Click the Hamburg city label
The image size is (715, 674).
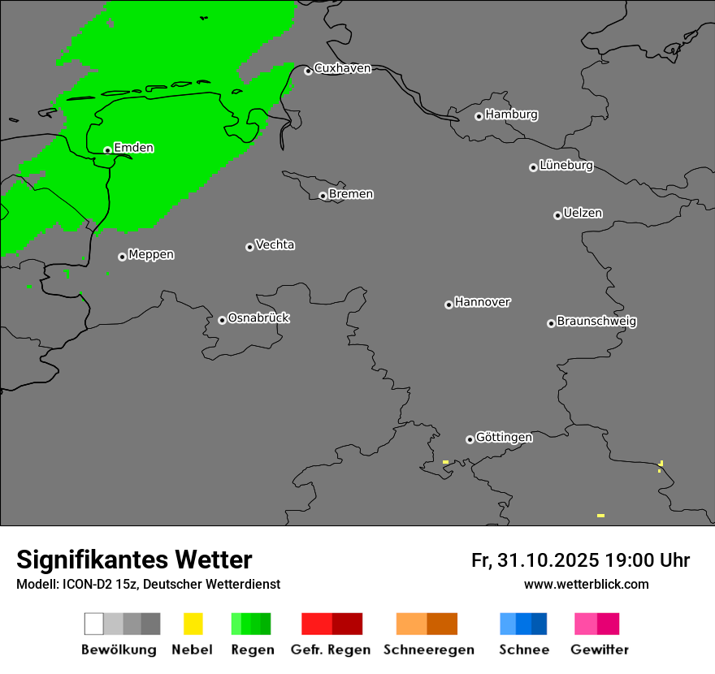(x=511, y=114)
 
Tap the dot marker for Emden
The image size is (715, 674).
(x=107, y=150)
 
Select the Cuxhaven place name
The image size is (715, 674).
(x=342, y=68)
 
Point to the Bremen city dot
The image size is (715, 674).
(x=323, y=196)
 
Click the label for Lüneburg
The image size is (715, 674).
(x=566, y=166)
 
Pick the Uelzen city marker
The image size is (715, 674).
(x=557, y=215)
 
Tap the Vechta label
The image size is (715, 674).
(x=275, y=244)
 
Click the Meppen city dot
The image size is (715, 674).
(x=122, y=257)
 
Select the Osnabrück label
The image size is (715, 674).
(x=258, y=318)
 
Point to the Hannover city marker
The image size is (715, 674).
(x=448, y=305)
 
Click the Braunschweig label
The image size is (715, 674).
(x=596, y=321)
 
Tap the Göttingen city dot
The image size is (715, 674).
(x=470, y=439)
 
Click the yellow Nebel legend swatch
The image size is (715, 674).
(x=193, y=624)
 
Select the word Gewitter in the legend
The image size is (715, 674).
(x=600, y=650)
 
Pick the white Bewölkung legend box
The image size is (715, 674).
(x=94, y=624)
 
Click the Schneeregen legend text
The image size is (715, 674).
(x=429, y=650)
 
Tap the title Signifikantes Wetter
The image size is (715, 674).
(x=134, y=560)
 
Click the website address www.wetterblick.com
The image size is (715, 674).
(x=586, y=584)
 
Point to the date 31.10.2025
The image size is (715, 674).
(x=548, y=560)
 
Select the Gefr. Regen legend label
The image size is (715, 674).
(x=330, y=650)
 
